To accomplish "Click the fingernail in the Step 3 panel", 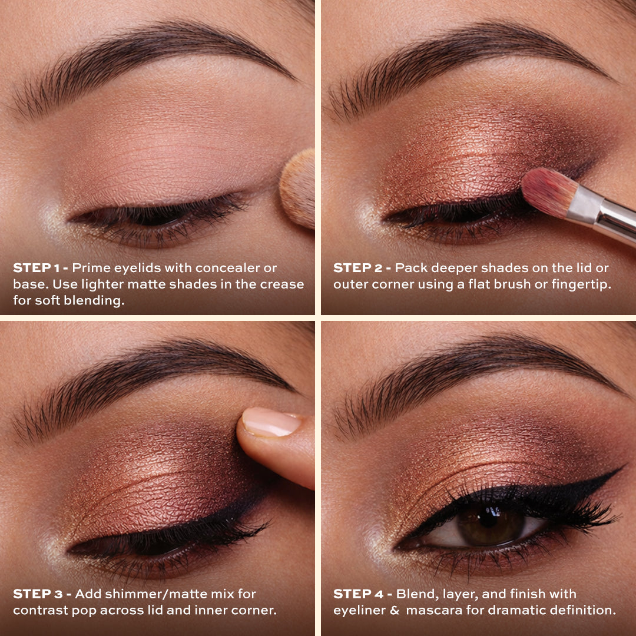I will pos(271,422).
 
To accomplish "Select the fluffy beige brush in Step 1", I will pos(298,188).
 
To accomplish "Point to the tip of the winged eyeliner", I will pos(621,469).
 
